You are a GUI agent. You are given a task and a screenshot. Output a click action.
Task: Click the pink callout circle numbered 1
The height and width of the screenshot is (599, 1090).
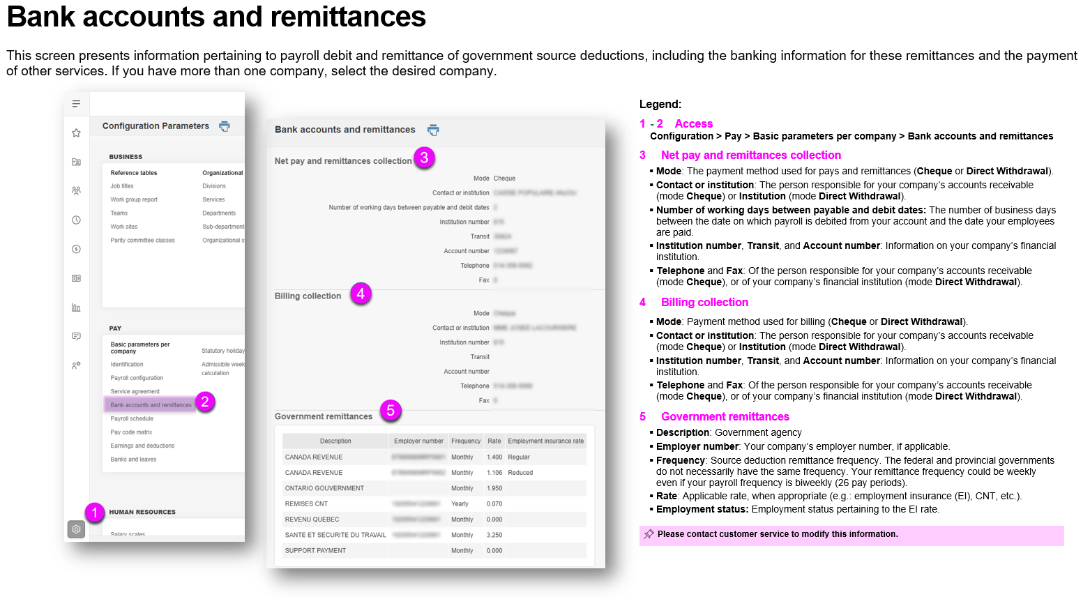click(94, 513)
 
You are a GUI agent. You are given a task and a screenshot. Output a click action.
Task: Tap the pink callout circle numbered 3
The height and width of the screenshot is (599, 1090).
click(424, 158)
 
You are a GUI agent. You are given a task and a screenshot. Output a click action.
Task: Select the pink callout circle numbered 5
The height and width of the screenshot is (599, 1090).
click(391, 411)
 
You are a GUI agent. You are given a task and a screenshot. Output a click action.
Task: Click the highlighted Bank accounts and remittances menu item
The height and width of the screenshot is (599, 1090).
click(151, 405)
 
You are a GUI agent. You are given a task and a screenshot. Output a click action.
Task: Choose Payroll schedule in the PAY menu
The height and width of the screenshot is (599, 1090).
click(132, 419)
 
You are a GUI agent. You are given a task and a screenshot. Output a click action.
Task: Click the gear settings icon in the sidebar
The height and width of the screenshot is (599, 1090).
click(76, 529)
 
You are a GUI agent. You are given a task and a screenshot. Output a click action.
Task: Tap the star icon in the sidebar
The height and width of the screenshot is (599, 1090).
click(76, 133)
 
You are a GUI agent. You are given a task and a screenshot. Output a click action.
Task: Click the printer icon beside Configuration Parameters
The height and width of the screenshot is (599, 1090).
click(225, 126)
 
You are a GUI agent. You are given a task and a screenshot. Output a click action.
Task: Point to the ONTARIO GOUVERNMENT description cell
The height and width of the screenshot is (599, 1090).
click(324, 488)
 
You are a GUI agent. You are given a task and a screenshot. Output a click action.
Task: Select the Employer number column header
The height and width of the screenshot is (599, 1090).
click(418, 441)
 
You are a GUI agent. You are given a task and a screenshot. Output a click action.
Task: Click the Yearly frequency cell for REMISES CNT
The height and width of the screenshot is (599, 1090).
click(460, 504)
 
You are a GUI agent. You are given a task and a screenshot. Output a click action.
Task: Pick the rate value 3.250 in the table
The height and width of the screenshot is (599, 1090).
click(494, 536)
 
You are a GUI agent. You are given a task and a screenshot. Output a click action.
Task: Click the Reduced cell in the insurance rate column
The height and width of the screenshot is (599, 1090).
click(520, 473)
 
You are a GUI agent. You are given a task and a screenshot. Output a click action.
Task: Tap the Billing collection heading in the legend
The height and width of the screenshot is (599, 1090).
click(704, 303)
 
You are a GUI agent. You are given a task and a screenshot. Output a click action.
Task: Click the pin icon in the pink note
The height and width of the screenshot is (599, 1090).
click(649, 534)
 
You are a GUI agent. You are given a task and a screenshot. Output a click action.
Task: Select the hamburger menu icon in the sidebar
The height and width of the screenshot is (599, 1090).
click(76, 104)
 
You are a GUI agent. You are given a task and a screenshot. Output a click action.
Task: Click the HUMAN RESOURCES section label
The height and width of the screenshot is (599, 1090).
click(142, 513)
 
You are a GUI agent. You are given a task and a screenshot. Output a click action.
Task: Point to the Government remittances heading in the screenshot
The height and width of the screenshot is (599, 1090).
click(324, 417)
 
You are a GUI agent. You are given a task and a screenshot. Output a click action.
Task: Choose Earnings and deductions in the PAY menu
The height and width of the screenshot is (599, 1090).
click(142, 446)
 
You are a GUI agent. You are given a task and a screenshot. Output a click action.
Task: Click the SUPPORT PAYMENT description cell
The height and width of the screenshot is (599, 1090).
click(315, 551)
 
